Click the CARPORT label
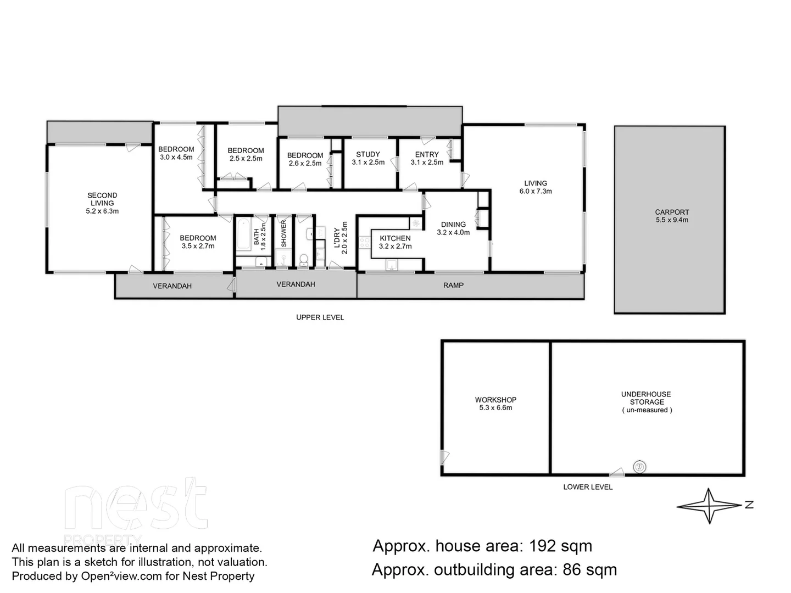pyautogui.click(x=672, y=212)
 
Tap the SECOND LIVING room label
pyautogui.click(x=102, y=199)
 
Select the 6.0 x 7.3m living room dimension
pyautogui.click(x=536, y=192)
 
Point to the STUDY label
pyautogui.click(x=368, y=154)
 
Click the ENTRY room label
pyautogui.click(x=427, y=154)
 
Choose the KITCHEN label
pyautogui.click(x=395, y=238)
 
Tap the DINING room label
pyautogui.click(x=453, y=224)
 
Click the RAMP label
pyautogui.click(x=453, y=285)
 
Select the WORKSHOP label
pyautogui.click(x=495, y=400)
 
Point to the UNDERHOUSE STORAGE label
pyautogui.click(x=646, y=398)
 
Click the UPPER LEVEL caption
pyautogui.click(x=320, y=317)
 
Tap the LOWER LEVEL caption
pyautogui.click(x=588, y=487)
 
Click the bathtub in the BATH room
pyautogui.click(x=243, y=236)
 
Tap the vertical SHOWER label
pyautogui.click(x=284, y=233)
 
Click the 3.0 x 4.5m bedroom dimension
pyautogui.click(x=176, y=157)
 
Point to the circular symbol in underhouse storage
pyautogui.click(x=639, y=467)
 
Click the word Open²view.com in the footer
pyautogui.click(x=121, y=577)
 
